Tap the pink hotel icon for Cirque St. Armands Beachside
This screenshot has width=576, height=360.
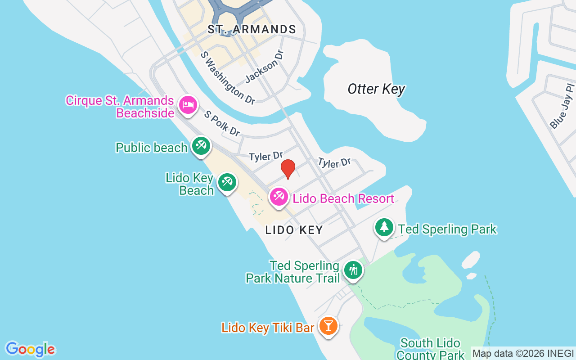click(188, 106)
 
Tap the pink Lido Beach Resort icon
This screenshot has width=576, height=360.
click(279, 197)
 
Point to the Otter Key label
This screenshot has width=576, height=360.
click(376, 89)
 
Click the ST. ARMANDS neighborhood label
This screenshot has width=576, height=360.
click(252, 30)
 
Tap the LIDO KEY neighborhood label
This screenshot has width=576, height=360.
click(294, 230)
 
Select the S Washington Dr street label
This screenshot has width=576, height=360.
click(228, 77)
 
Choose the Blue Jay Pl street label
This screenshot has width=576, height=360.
click(562, 106)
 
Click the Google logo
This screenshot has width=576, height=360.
click(30, 349)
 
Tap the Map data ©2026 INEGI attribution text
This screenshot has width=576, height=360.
click(523, 354)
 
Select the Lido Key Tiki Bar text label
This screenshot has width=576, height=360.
click(267, 328)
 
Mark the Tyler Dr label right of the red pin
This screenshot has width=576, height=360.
click(334, 162)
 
